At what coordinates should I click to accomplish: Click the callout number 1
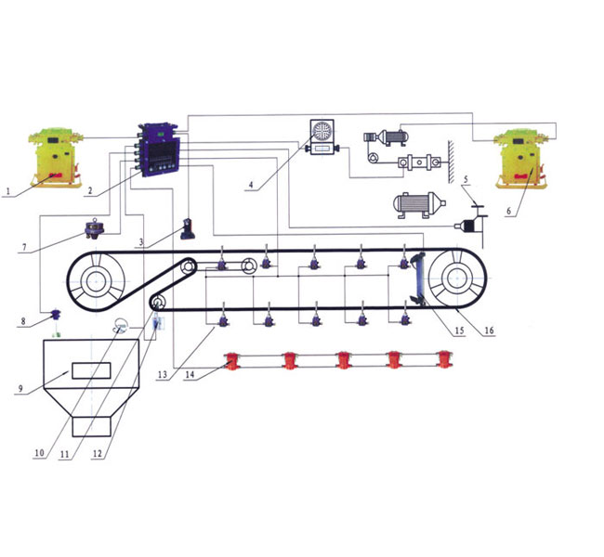[x=7, y=191]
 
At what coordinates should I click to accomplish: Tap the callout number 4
[x=251, y=185]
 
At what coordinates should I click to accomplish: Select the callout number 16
[x=489, y=330]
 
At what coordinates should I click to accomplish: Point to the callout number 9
[x=20, y=389]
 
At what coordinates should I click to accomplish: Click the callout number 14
[x=190, y=374]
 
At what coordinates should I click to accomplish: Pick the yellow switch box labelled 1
[x=56, y=158]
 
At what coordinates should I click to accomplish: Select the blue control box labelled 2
[x=160, y=150]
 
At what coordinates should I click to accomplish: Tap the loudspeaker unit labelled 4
[x=322, y=137]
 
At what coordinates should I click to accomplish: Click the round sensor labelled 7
[x=94, y=228]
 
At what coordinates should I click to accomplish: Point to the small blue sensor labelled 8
[x=56, y=315]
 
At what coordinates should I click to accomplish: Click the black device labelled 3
[x=188, y=228]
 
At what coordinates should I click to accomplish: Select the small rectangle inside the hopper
[x=91, y=370]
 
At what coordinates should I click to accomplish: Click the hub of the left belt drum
[x=95, y=281]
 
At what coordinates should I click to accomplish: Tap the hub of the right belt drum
[x=457, y=278]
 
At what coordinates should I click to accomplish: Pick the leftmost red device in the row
[x=232, y=361]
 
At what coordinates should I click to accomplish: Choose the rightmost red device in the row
[x=444, y=359]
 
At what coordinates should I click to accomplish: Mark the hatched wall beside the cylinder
[x=451, y=162]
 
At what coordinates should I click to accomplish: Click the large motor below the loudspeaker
[x=419, y=205]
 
